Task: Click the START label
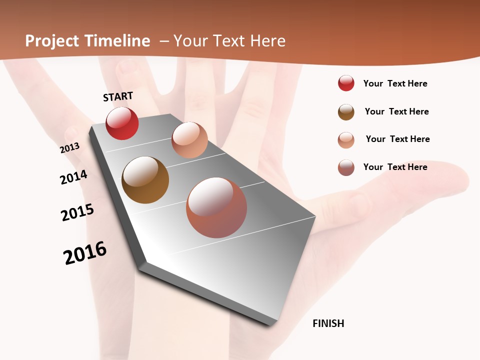point(118,96)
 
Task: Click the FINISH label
point(328,323)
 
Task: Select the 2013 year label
point(70,148)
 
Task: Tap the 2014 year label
point(73,177)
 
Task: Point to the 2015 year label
point(77,212)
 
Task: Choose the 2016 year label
point(85,253)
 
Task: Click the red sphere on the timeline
point(122,123)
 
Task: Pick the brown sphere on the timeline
point(145,180)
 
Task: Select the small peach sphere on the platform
point(189,140)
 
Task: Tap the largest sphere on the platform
point(216,207)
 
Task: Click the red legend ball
point(346,83)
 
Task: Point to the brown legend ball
point(346,112)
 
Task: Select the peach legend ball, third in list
point(346,140)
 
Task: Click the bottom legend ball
point(346,167)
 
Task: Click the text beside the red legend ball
point(395,83)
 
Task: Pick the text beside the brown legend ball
point(396,111)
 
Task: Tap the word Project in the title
point(52,41)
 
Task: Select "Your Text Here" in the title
point(229,41)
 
